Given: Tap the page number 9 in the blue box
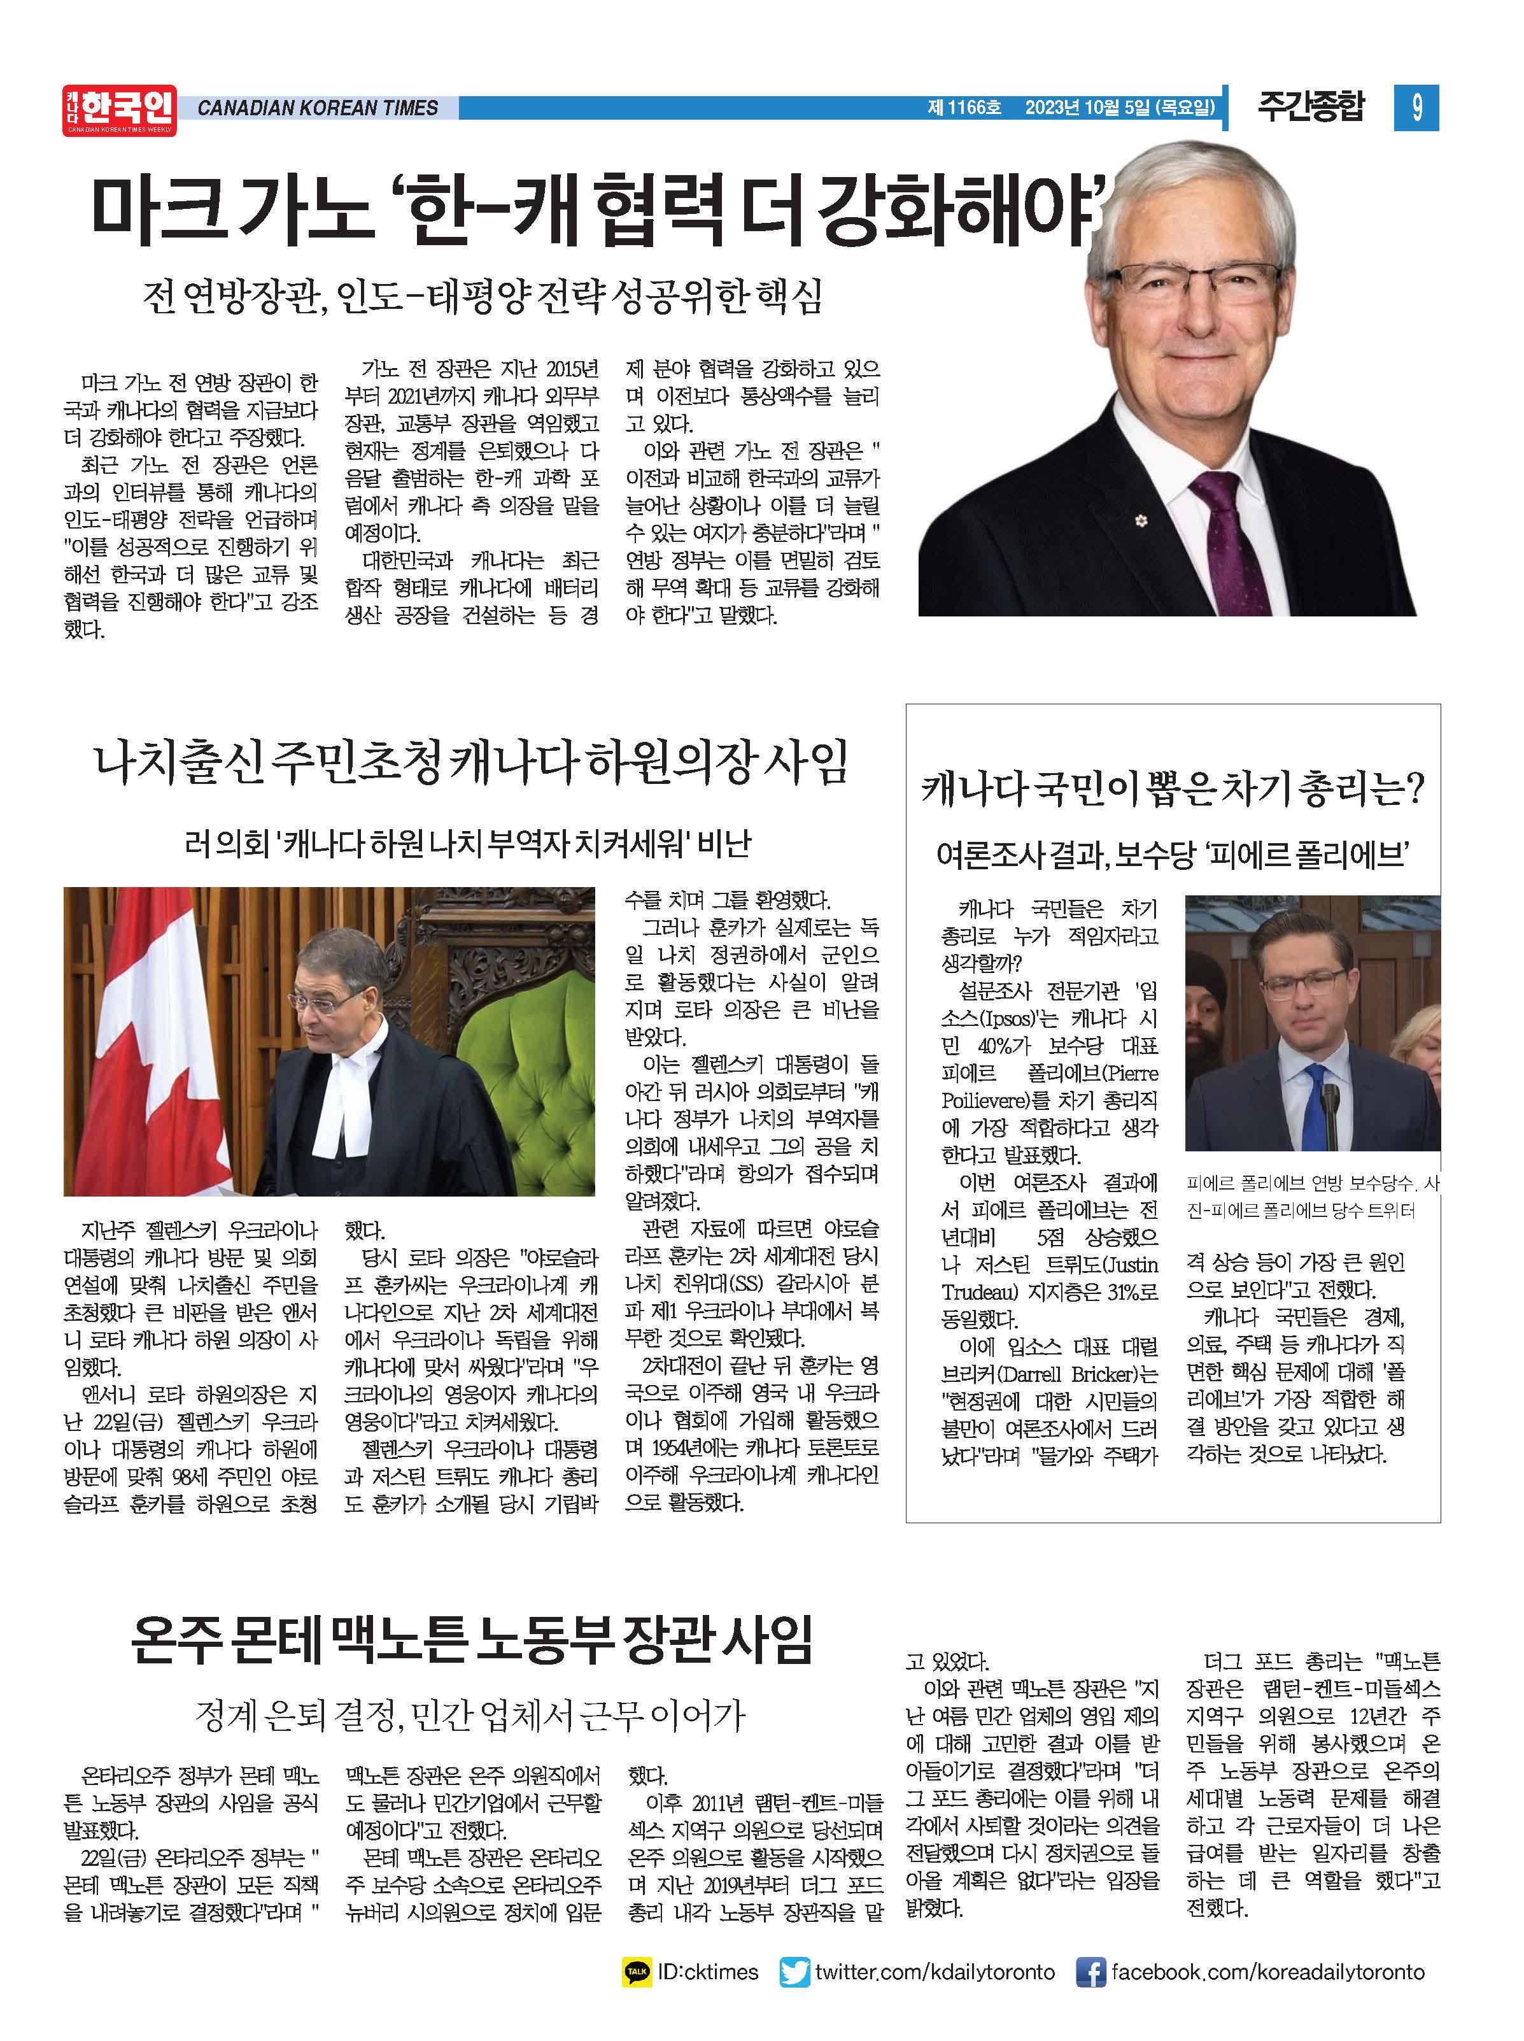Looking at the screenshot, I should tap(1415, 109).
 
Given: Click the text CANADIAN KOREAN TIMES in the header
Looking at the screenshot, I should tap(318, 109).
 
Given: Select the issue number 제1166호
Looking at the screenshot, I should tap(963, 109).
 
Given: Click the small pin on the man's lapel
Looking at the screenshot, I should tap(1141, 522).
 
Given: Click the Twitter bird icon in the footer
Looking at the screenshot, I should tap(795, 1972).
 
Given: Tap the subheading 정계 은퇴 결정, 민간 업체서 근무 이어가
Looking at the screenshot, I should tap(470, 1714).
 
